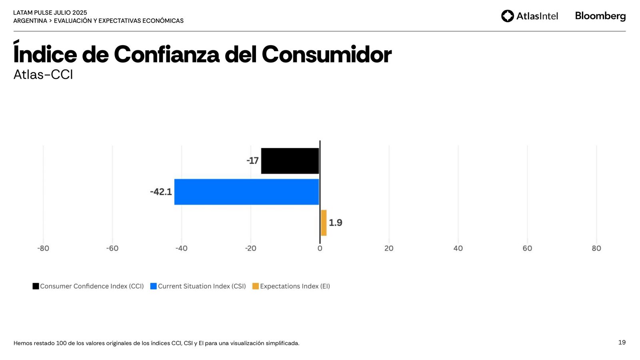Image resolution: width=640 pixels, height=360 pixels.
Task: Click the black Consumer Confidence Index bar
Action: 290,161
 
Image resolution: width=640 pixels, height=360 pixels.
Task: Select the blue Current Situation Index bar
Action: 247,192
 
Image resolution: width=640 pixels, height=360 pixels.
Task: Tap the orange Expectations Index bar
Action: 324,223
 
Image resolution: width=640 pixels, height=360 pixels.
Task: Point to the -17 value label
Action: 252,161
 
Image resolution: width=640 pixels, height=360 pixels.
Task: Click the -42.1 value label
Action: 161,192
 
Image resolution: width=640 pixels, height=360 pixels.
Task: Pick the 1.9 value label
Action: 335,223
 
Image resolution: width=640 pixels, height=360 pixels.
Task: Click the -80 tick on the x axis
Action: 43,248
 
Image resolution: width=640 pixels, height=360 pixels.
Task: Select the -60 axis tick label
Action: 112,248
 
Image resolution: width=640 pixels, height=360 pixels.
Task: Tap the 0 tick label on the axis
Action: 320,248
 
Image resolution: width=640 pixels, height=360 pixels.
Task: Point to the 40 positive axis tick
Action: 458,248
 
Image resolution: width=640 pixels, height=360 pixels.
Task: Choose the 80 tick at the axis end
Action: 596,248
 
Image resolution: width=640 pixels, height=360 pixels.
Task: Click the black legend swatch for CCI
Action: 36,286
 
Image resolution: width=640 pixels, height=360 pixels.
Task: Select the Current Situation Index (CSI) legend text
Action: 202,286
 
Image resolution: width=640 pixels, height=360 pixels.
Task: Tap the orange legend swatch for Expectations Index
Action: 256,286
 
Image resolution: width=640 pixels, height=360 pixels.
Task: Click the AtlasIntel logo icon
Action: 508,16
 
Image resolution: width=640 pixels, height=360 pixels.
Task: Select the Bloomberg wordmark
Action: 600,16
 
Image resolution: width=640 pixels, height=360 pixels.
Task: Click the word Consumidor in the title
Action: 326,54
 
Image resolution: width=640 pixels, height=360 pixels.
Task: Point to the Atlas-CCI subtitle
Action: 43,75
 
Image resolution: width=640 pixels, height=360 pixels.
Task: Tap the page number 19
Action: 622,342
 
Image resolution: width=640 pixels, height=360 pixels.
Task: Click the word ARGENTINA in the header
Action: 30,21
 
